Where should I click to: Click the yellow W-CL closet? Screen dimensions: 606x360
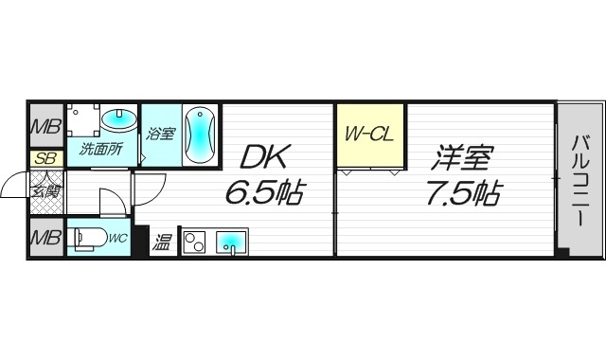click(367, 135)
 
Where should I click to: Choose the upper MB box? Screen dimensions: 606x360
click(44, 125)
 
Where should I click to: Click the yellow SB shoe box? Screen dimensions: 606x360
click(44, 159)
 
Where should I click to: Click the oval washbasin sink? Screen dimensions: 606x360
click(118, 120)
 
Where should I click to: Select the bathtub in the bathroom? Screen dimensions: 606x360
click(199, 135)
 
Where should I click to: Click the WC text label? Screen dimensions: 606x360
click(119, 240)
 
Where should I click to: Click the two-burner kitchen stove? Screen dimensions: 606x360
click(195, 242)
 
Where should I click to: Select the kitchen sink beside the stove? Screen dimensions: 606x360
click(230, 243)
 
